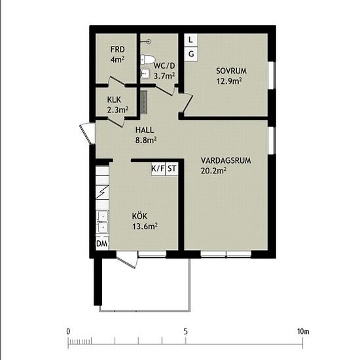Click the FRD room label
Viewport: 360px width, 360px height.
[x=117, y=49]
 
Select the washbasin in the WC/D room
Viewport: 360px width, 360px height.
[x=145, y=73]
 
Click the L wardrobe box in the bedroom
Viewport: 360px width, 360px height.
[x=191, y=40]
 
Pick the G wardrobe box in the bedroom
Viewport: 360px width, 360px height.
[x=191, y=54]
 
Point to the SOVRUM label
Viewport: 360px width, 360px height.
[x=232, y=71]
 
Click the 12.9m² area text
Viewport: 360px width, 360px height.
[x=229, y=81]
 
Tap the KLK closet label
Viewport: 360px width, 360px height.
[x=114, y=99]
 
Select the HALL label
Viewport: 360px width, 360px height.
[x=145, y=130]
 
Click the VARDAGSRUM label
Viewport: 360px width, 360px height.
[x=226, y=160]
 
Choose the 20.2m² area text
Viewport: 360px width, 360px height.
[x=214, y=171]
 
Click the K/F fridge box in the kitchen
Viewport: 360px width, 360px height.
[x=158, y=169]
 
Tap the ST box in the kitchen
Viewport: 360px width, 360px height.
[x=171, y=169]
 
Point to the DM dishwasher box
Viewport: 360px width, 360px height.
[x=102, y=243]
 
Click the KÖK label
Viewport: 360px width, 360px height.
[x=139, y=216]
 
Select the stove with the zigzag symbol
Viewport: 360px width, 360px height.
[x=102, y=192]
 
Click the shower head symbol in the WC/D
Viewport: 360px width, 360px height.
[x=149, y=41]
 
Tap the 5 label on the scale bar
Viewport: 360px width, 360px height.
[x=185, y=332]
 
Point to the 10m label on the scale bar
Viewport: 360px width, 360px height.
[x=303, y=332]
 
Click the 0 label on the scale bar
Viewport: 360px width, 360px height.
[x=68, y=332]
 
